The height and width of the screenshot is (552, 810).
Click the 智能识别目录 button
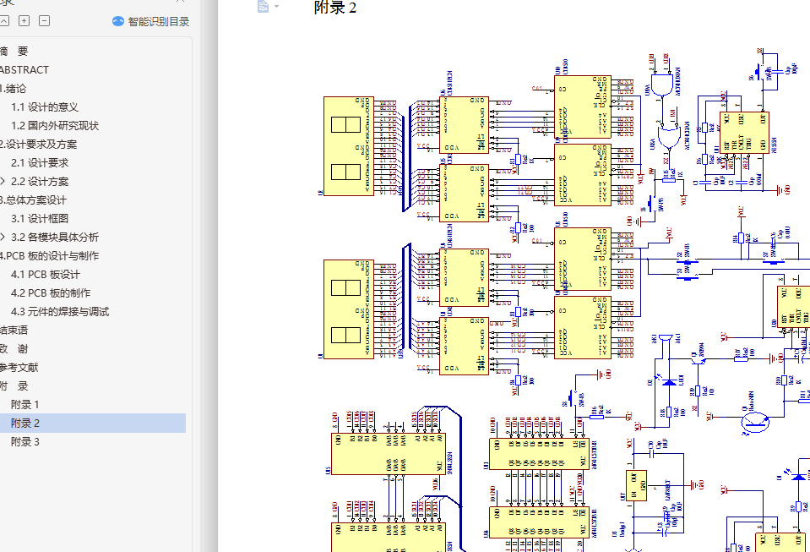pyautogui.click(x=151, y=22)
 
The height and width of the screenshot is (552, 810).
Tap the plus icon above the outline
pyautogui.click(x=24, y=21)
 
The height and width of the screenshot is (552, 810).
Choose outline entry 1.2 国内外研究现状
pyautogui.click(x=54, y=126)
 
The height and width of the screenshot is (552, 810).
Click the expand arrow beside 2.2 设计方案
pyautogui.click(x=3, y=182)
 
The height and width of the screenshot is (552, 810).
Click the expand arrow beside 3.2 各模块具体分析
pyautogui.click(x=3, y=238)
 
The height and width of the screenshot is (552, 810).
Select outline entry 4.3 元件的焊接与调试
pyautogui.click(x=59, y=312)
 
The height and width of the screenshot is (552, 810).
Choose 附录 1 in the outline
pyautogui.click(x=24, y=405)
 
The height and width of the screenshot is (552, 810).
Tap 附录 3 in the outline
pyautogui.click(x=24, y=442)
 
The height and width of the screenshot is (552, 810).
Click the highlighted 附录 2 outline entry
pyautogui.click(x=25, y=424)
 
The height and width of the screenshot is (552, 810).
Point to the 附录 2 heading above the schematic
pyautogui.click(x=334, y=8)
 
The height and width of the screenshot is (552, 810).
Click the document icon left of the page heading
pyautogui.click(x=264, y=7)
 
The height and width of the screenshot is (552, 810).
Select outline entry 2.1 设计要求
pyautogui.click(x=39, y=163)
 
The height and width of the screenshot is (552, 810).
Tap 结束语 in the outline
pyautogui.click(x=14, y=331)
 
